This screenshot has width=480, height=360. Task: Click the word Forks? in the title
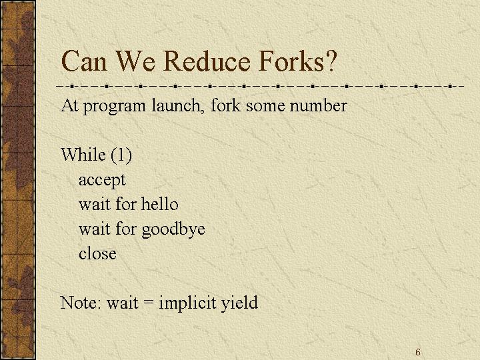297,61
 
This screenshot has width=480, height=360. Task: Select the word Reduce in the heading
207,61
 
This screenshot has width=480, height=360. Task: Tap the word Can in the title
84,61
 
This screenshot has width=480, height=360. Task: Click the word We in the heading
135,61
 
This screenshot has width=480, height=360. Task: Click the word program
114,107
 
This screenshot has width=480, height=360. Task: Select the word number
318,105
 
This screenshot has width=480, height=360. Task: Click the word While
83,154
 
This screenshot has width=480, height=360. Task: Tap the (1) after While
121,155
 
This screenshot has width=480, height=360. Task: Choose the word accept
102,180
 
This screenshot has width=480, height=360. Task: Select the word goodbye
173,229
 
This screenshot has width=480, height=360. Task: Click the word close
97,253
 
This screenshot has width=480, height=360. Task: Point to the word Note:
81,303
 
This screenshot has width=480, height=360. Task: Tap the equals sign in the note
148,303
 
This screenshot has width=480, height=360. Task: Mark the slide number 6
418,352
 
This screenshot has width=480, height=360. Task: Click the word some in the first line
265,106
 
